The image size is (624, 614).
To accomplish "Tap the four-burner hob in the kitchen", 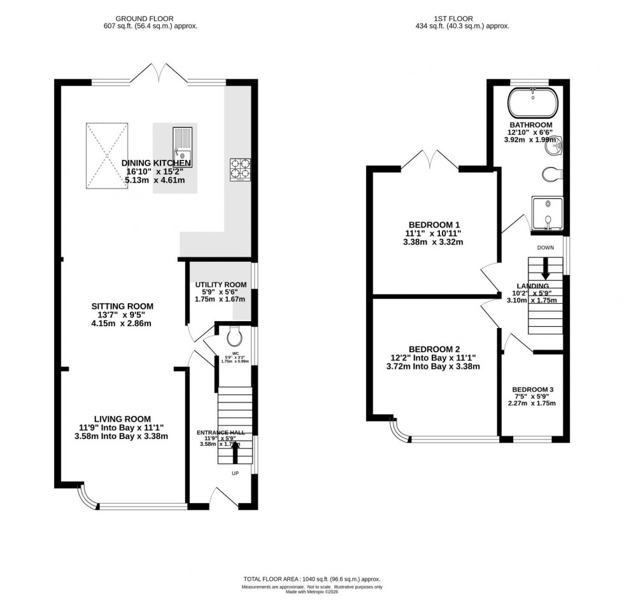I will pos(240,169).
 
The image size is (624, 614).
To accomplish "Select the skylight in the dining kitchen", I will pos(106,156).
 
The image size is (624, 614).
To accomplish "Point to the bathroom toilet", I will pos(550,174).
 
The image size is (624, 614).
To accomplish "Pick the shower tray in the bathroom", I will pos(547,213).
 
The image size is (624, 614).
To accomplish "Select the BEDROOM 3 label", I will pos(533,390).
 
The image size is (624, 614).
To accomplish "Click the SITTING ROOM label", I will pos(122,306).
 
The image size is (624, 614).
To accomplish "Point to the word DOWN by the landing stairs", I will pos(546,247).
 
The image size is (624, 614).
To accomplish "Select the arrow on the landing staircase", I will pos(546,270).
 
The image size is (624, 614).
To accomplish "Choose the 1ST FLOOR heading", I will pos(446,18).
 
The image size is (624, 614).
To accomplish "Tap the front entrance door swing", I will pos(224,497).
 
